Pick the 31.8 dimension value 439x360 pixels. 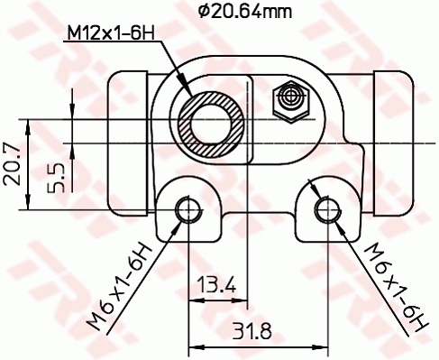click(x=253, y=330)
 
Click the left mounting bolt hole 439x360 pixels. click(x=187, y=209)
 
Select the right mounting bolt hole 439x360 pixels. click(x=325, y=209)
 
